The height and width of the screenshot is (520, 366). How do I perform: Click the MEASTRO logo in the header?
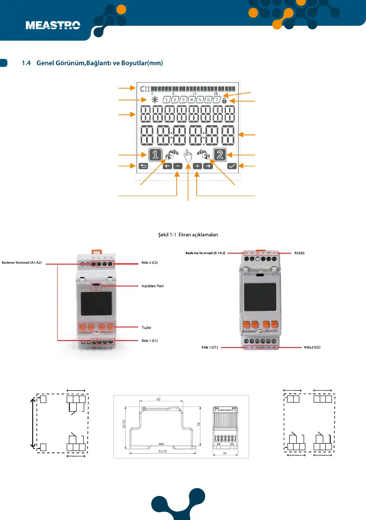pyautogui.click(x=53, y=25)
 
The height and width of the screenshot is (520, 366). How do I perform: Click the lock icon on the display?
pyautogui.click(x=224, y=100)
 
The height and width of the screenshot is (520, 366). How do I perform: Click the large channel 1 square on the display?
pyautogui.click(x=155, y=155)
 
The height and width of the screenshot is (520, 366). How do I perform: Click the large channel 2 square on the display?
pyautogui.click(x=220, y=155)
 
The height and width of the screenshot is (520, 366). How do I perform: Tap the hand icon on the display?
pyautogui.click(x=188, y=156)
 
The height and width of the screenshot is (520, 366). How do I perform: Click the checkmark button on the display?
pyautogui.click(x=232, y=166)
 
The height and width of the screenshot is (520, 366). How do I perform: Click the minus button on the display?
pyautogui.click(x=178, y=166)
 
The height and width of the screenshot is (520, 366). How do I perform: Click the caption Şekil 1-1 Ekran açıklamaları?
pyautogui.click(x=188, y=234)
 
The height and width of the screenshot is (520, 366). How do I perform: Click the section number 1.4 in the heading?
pyautogui.click(x=27, y=63)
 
